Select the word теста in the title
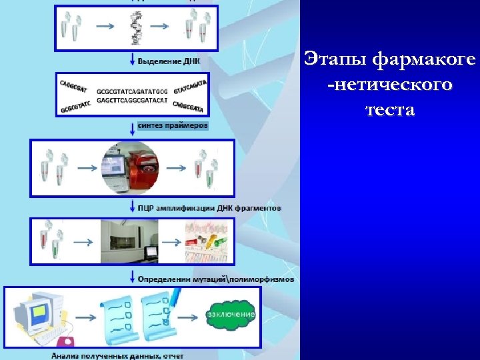(x=390, y=109)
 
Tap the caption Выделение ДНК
(x=169, y=61)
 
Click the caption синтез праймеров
(x=173, y=125)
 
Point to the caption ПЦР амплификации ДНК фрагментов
(x=209, y=207)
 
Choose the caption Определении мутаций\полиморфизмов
(x=215, y=279)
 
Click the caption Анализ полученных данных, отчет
(x=117, y=355)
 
